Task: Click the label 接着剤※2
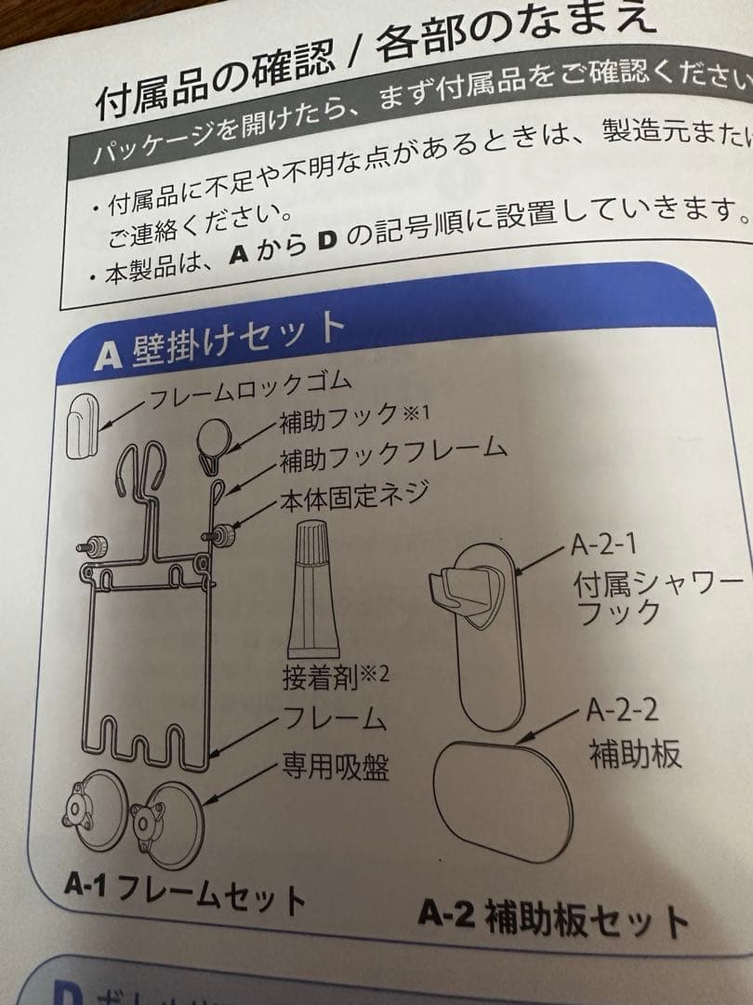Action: pos(334,673)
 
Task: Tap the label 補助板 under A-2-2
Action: pos(635,753)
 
